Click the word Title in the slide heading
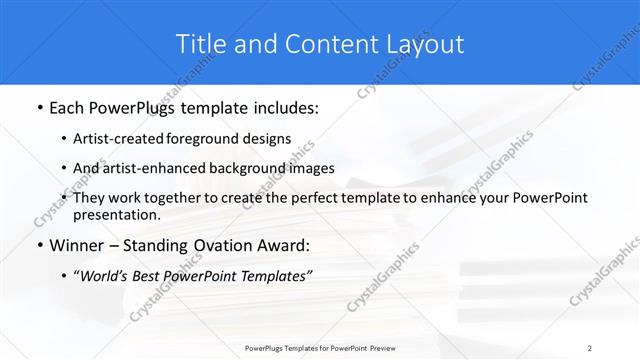click(200, 44)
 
